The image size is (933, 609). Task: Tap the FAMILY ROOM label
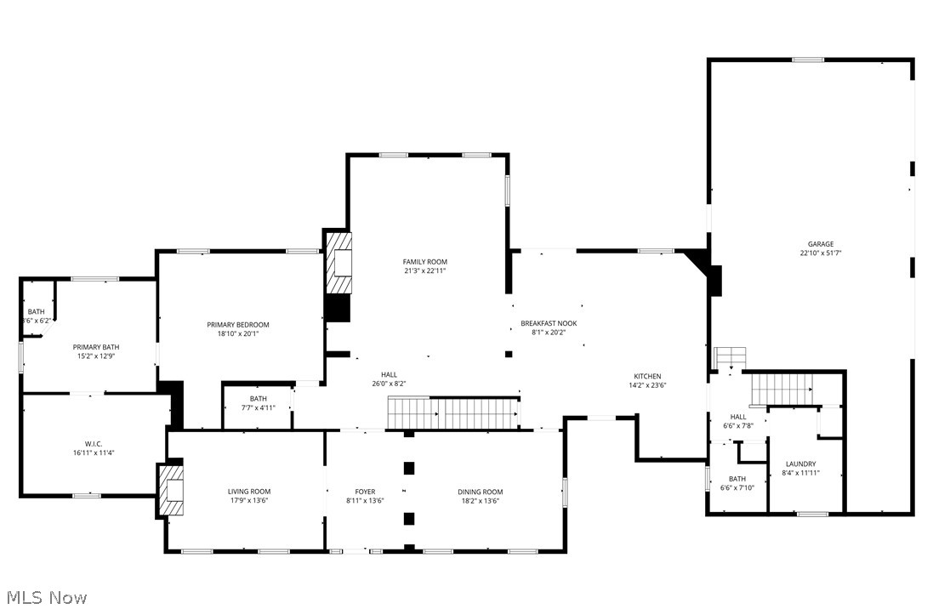click(424, 262)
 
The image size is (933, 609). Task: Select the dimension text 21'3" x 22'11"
click(424, 270)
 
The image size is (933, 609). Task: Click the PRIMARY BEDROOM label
click(238, 325)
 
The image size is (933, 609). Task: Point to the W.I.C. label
click(94, 443)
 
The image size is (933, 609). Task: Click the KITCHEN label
click(647, 376)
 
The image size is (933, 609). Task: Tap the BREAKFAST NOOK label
click(549, 323)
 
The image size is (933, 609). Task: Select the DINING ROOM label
click(481, 492)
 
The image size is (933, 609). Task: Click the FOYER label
click(365, 492)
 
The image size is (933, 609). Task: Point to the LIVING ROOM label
click(249, 492)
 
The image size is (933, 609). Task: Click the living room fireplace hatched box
click(172, 490)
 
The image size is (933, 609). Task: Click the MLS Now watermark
click(44, 597)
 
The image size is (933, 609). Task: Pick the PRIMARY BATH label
click(96, 346)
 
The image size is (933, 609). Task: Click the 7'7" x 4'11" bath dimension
click(259, 407)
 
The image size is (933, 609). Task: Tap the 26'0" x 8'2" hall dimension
click(389, 384)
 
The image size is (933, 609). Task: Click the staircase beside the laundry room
click(781, 389)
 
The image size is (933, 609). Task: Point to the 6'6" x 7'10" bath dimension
click(737, 487)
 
